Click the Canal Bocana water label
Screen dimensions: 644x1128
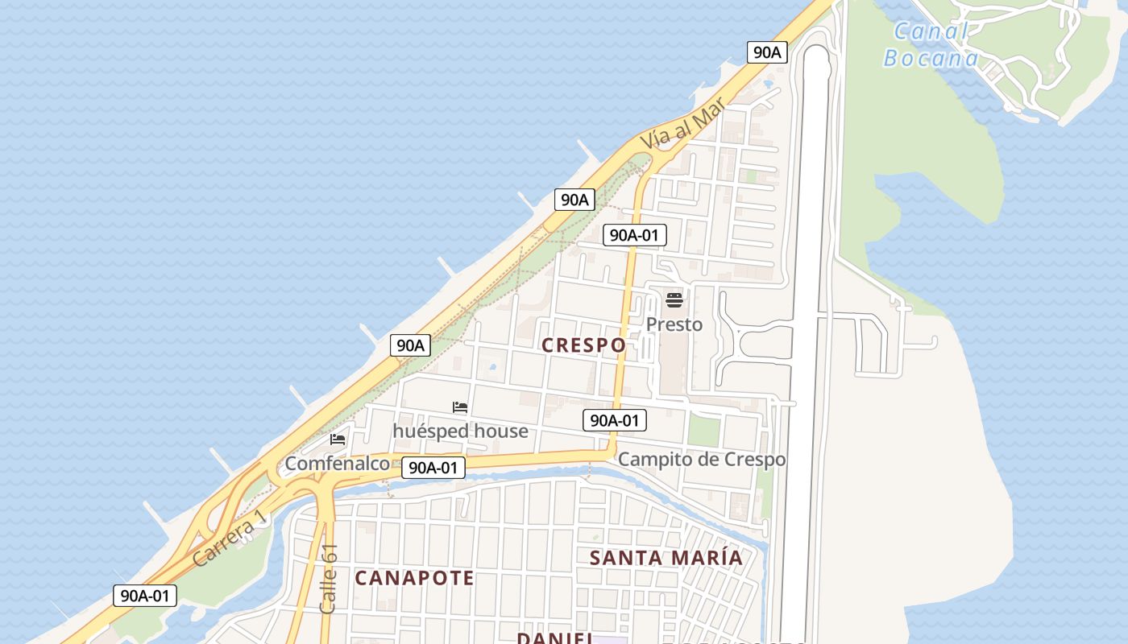[x=931, y=45]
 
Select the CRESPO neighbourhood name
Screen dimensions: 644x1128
[x=583, y=345]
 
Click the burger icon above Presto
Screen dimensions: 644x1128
[x=674, y=301]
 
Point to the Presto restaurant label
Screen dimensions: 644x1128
[x=674, y=324]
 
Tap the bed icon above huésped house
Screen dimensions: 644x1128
[x=460, y=408]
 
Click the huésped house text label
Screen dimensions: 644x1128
[x=460, y=431]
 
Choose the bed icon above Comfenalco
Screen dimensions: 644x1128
[x=338, y=440]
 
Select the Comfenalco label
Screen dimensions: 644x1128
[x=337, y=464]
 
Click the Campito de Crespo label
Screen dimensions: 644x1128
[x=701, y=460]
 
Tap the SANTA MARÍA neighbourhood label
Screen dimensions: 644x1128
[x=666, y=558]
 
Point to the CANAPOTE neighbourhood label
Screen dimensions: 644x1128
[x=414, y=578]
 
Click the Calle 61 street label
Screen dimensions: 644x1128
[x=328, y=579]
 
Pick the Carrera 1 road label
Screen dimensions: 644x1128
[x=229, y=538]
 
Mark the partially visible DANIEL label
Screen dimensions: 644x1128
[x=554, y=638]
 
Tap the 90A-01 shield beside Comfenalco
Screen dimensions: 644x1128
[x=433, y=468]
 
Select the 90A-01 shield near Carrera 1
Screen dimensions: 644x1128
[x=145, y=596]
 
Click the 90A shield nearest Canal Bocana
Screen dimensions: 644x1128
[x=766, y=53]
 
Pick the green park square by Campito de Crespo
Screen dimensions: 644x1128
[x=703, y=431]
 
